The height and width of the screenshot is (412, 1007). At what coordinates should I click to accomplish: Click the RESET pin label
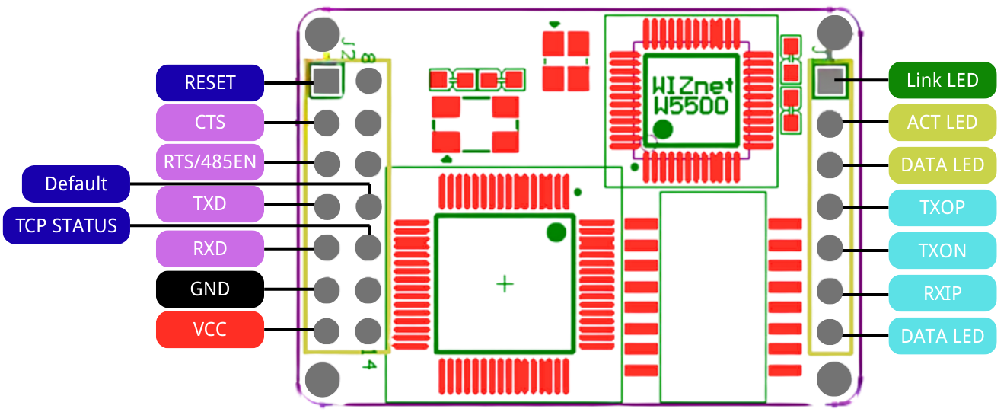[210, 82]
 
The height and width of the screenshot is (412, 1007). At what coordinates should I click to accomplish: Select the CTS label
[210, 123]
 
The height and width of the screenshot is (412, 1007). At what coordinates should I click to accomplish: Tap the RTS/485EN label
[210, 162]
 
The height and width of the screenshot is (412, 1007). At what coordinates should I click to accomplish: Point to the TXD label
[210, 204]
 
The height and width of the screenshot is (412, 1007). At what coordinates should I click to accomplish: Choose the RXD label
[210, 249]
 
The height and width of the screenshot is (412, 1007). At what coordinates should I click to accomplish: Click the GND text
[210, 289]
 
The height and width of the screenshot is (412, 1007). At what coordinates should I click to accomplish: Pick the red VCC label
[210, 330]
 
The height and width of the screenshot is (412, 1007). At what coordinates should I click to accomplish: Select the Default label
[76, 184]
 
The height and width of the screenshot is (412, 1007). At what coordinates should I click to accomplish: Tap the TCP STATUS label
[67, 226]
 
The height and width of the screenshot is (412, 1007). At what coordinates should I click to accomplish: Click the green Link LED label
[942, 80]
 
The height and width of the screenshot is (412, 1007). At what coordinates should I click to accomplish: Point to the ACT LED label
[942, 123]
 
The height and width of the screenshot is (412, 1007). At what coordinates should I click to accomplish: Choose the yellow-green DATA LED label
[942, 165]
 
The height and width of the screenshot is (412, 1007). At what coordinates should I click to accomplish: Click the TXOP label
[942, 208]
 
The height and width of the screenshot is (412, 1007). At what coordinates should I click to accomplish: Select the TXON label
[942, 251]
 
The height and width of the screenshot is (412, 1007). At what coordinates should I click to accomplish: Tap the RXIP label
[942, 293]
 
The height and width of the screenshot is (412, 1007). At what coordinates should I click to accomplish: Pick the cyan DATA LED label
[942, 336]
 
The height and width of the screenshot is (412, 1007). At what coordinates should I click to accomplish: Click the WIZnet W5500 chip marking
[691, 94]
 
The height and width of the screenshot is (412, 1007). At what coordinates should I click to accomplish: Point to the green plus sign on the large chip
[505, 284]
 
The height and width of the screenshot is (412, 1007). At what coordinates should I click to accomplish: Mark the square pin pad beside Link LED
[831, 80]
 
